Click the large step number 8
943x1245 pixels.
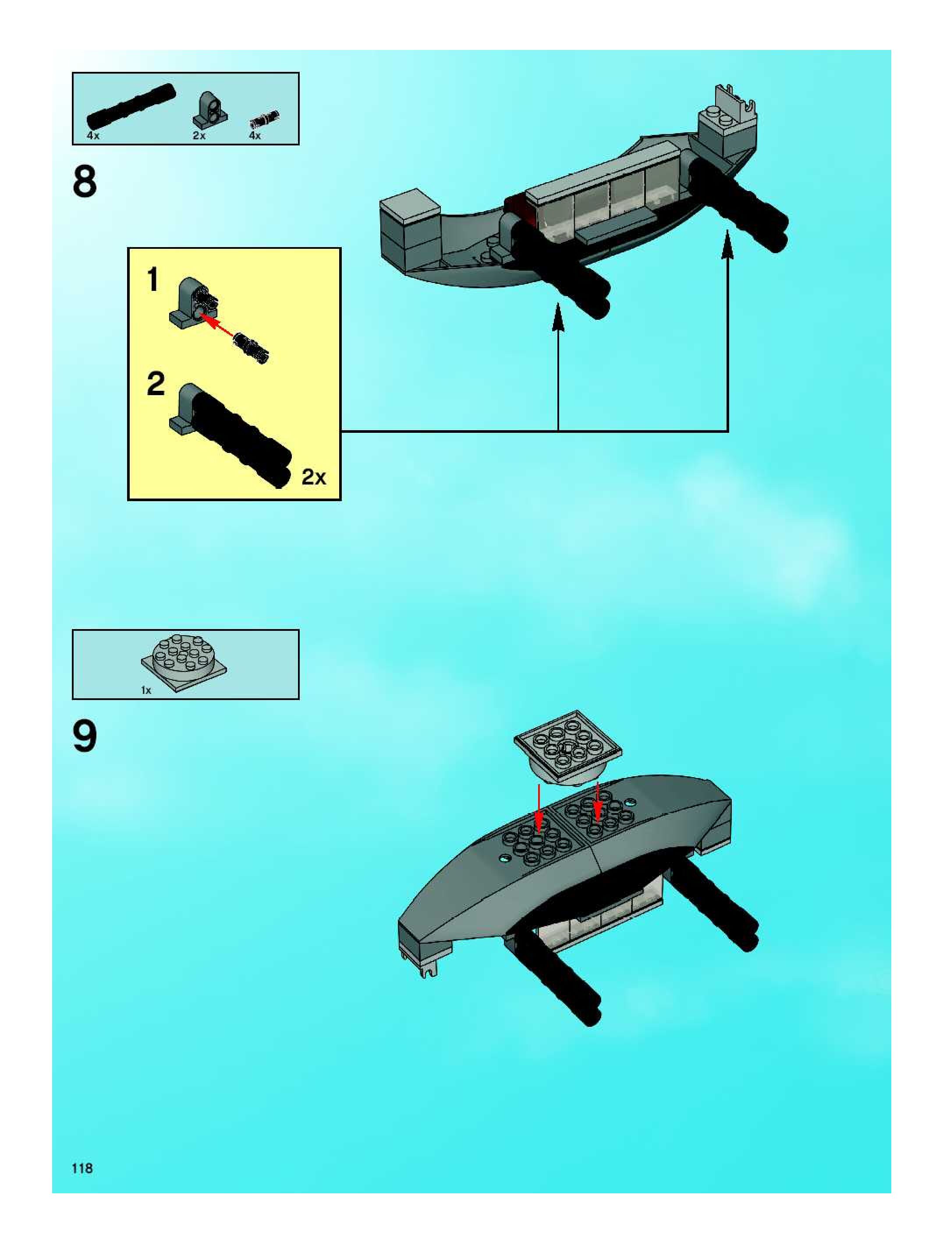pos(85,181)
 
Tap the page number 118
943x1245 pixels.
pos(82,1168)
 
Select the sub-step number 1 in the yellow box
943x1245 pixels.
pos(152,280)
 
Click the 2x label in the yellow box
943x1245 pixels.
pos(314,477)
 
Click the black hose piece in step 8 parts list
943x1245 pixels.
pos(131,105)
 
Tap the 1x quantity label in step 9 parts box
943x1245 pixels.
pos(146,690)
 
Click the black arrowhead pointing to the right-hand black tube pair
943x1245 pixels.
pos(727,245)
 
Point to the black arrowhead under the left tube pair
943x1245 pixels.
pos(558,318)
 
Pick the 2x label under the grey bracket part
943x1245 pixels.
pos(199,136)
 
